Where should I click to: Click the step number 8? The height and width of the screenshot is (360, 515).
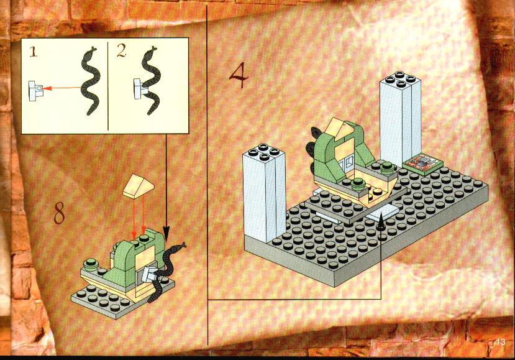[60, 213]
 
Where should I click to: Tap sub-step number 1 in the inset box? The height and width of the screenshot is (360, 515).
[33, 52]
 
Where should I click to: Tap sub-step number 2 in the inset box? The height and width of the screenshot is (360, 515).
[121, 51]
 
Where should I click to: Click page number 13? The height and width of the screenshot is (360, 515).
[501, 342]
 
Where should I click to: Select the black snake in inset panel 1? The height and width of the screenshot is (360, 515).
[90, 81]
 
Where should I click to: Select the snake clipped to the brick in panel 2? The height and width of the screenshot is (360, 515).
[150, 81]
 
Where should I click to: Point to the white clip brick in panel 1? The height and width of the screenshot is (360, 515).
[35, 91]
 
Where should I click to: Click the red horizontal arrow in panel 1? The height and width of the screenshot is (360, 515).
[62, 88]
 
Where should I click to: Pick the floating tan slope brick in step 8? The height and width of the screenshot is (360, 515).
[139, 187]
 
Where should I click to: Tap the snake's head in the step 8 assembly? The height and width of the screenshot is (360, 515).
[181, 246]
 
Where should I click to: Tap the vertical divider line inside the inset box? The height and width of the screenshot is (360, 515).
[107, 86]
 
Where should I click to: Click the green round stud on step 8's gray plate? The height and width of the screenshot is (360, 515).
[90, 263]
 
